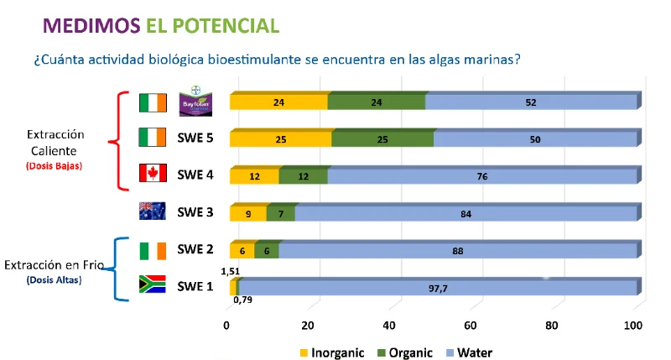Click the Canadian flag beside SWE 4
click(153, 175)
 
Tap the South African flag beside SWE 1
click(153, 285)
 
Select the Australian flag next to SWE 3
click(153, 211)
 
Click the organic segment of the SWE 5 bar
click(382, 139)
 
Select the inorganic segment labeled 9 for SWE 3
click(248, 213)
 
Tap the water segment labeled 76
click(482, 176)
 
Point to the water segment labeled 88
click(458, 250)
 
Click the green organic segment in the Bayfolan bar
click(377, 102)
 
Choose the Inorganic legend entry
click(331, 352)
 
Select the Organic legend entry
click(402, 352)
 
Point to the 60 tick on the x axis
click(472, 326)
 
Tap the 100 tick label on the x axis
click(635, 326)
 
